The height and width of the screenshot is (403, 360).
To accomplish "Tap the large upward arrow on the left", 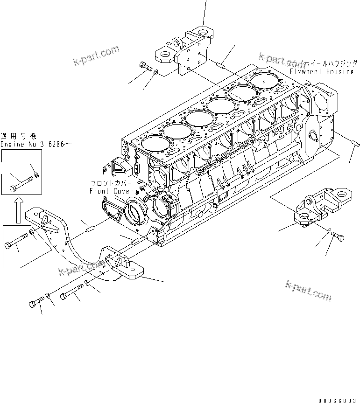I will click(17, 208).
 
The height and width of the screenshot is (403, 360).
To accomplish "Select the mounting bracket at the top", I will click(185, 51).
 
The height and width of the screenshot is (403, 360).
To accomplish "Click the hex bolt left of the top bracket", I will click(146, 67).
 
